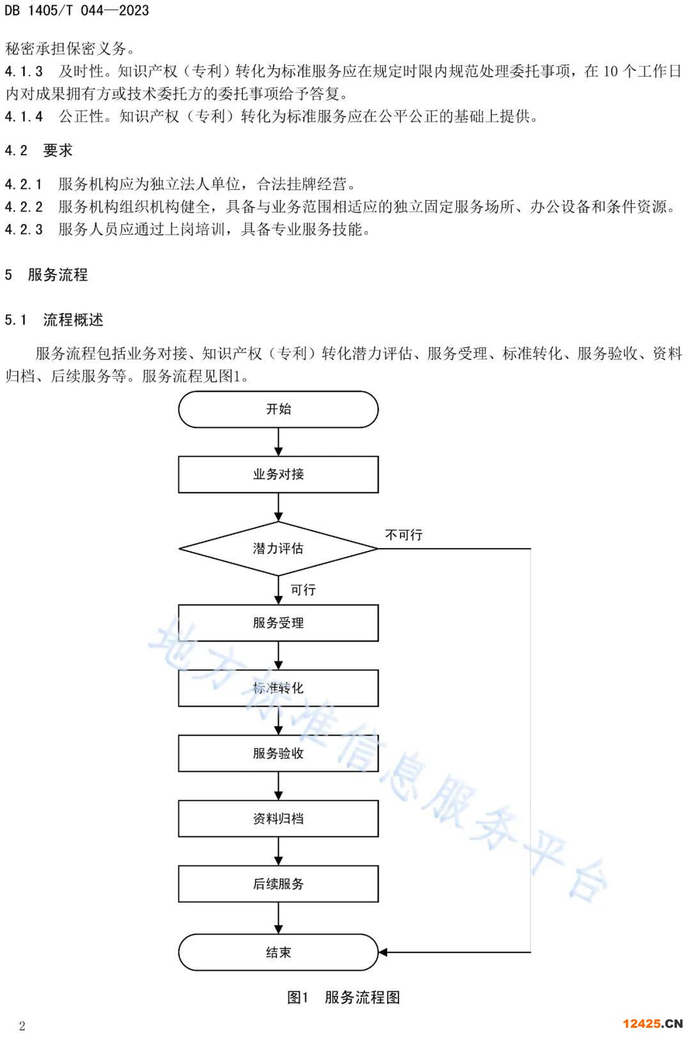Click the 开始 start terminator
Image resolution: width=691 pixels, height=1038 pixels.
click(x=278, y=409)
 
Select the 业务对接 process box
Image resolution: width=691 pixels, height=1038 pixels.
click(x=278, y=474)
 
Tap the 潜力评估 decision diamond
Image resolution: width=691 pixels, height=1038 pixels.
click(x=278, y=549)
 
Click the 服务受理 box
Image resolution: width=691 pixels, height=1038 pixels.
click(x=278, y=623)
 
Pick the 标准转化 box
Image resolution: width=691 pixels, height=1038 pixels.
click(x=278, y=688)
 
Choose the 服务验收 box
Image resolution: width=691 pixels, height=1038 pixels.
click(x=278, y=753)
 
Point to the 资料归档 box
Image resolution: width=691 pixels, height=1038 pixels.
click(x=278, y=819)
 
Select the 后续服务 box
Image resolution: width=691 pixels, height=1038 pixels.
click(x=278, y=884)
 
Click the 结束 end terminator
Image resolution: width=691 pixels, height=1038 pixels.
click(x=278, y=952)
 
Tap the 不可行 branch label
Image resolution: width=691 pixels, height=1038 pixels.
click(x=404, y=535)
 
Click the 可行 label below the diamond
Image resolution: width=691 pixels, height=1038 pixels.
click(x=303, y=590)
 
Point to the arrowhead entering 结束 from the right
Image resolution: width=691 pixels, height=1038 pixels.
click(x=383, y=952)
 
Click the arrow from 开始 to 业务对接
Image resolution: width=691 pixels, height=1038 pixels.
click(x=278, y=441)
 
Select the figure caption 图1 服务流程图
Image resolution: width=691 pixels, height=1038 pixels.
click(x=344, y=997)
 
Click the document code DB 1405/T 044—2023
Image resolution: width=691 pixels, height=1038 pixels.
click(x=77, y=10)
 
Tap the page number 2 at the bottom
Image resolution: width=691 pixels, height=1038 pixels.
click(x=22, y=1026)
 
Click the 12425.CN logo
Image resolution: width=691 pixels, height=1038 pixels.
click(x=653, y=1023)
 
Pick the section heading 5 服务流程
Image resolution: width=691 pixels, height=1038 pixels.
click(x=46, y=275)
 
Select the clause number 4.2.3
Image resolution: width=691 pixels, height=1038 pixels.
click(x=24, y=230)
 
